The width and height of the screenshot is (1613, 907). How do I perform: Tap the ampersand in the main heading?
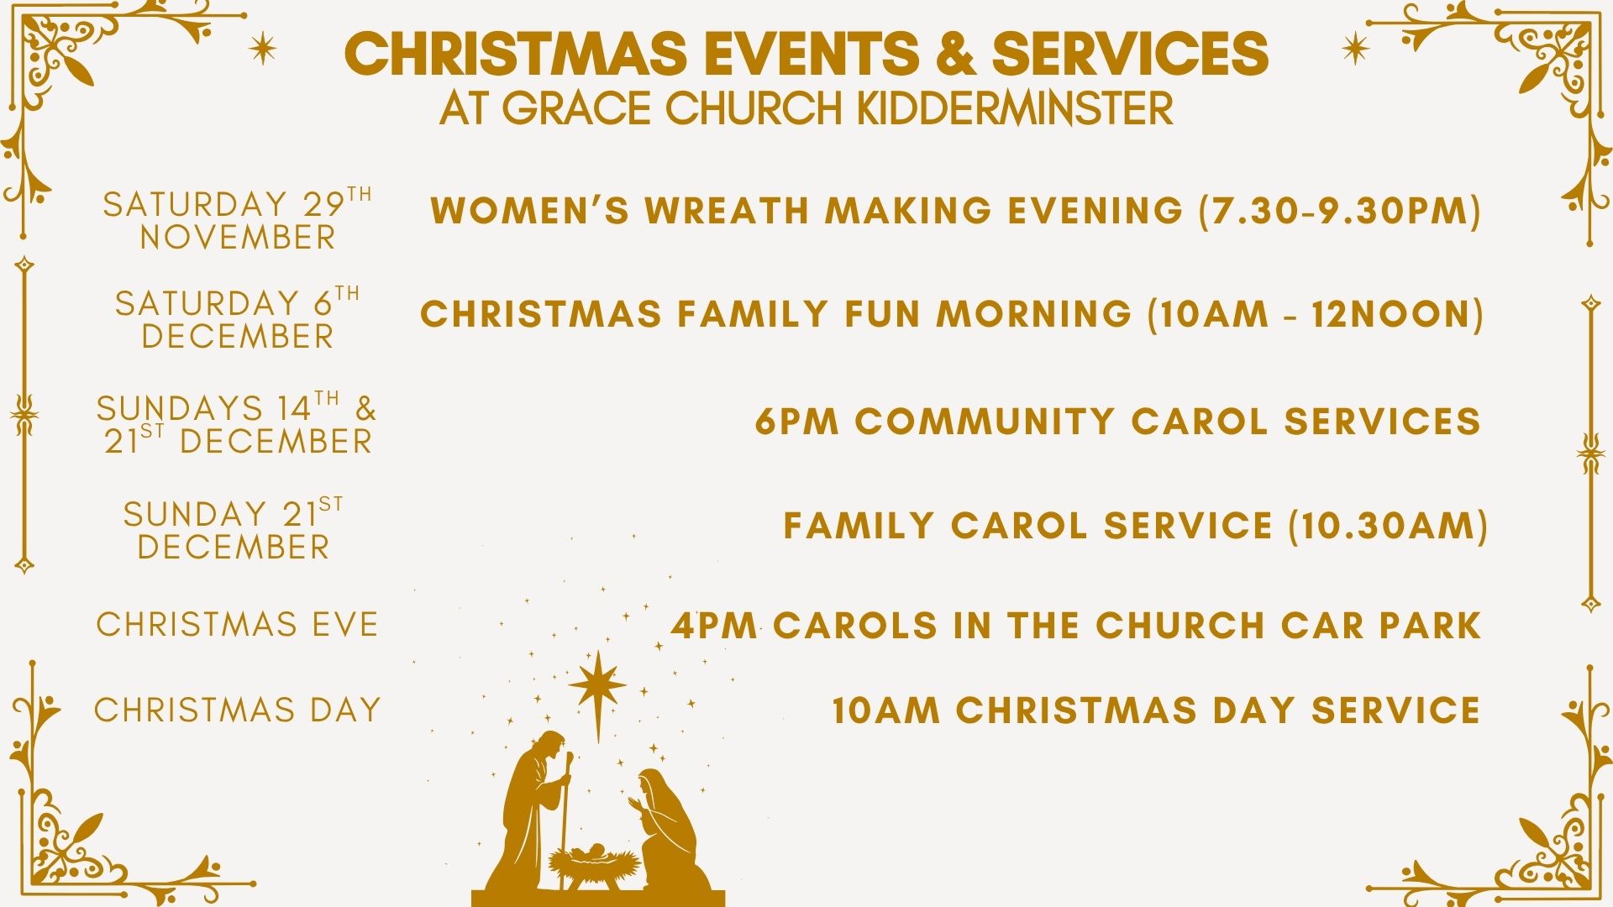tap(956, 53)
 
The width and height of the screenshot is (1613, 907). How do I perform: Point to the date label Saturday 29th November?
tap(238, 220)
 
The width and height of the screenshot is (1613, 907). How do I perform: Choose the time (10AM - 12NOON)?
tap(1316, 314)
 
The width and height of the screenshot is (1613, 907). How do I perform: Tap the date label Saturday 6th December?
tap(238, 318)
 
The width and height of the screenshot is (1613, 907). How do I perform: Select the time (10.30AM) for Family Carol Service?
tap(1388, 527)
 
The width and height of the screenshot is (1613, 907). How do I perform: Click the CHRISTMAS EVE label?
tap(238, 625)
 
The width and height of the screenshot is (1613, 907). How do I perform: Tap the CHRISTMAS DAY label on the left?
tap(238, 710)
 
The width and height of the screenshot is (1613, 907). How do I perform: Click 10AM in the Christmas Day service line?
tap(885, 710)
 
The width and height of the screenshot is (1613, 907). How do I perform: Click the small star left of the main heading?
tap(263, 49)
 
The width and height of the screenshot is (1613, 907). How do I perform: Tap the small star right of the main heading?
tap(1355, 49)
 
